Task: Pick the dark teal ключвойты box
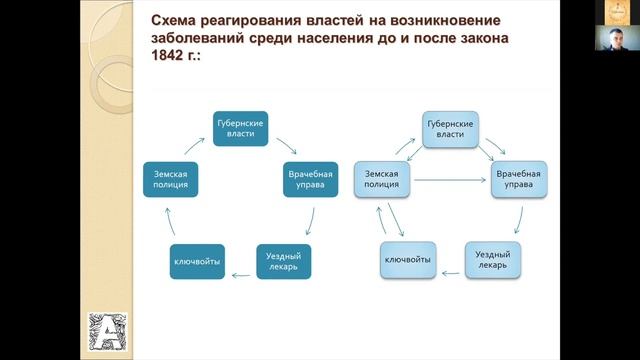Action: pyautogui.click(x=196, y=262)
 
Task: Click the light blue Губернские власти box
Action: pyautogui.click(x=449, y=128)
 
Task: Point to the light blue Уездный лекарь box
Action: pyautogui.click(x=492, y=261)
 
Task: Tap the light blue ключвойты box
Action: pyautogui.click(x=408, y=262)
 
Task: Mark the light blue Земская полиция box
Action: pyautogui.click(x=382, y=179)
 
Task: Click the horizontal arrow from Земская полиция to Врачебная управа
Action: pyautogui.click(x=450, y=181)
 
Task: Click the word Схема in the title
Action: pyautogui.click(x=174, y=20)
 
